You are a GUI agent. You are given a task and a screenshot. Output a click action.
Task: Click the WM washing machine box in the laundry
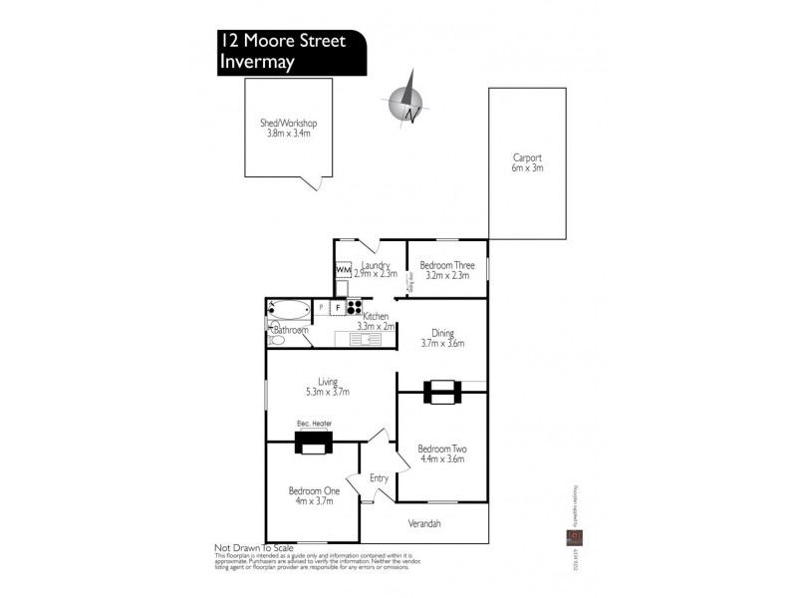pyautogui.click(x=343, y=270)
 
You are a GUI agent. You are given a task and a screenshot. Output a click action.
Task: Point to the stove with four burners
pyautogui.click(x=354, y=307)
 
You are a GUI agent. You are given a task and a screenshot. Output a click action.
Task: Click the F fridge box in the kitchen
pyautogui.click(x=338, y=308)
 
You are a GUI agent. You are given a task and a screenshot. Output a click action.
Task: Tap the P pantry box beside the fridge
pyautogui.click(x=321, y=308)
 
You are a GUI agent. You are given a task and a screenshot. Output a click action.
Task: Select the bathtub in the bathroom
pyautogui.click(x=288, y=309)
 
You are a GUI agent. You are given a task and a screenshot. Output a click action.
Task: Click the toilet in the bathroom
pyautogui.click(x=276, y=340)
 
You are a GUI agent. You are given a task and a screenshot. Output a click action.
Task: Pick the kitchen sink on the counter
pyautogui.click(x=366, y=340)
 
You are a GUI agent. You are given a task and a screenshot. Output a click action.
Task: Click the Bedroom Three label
pyautogui.click(x=446, y=265)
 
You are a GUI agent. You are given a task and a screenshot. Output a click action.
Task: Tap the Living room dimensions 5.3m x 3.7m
pyautogui.click(x=328, y=392)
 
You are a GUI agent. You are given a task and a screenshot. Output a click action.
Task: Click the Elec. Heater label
pyautogui.click(x=314, y=424)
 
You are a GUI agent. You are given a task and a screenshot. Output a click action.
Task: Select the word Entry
pyautogui.click(x=379, y=478)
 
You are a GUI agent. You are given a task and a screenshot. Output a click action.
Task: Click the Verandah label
pyautogui.click(x=424, y=523)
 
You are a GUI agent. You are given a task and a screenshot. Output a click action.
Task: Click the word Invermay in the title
pyautogui.click(x=256, y=62)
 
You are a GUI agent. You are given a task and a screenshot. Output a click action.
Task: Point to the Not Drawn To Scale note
pyautogui.click(x=253, y=548)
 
